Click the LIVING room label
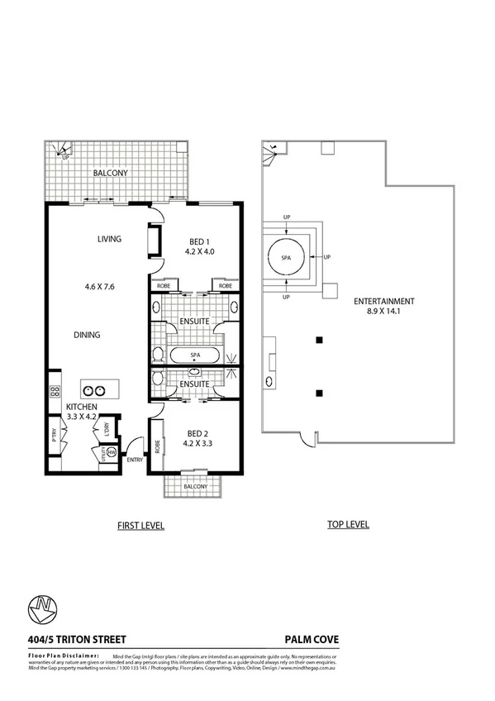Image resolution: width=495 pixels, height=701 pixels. click(x=109, y=239)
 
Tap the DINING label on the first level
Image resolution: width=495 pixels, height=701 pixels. click(x=87, y=335)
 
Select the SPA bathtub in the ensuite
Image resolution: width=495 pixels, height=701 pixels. click(x=196, y=356)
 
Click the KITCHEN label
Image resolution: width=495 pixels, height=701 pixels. click(x=83, y=408)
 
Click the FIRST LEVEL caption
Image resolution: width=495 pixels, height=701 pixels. click(x=140, y=525)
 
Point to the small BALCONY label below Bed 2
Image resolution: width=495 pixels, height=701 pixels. click(x=196, y=487)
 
